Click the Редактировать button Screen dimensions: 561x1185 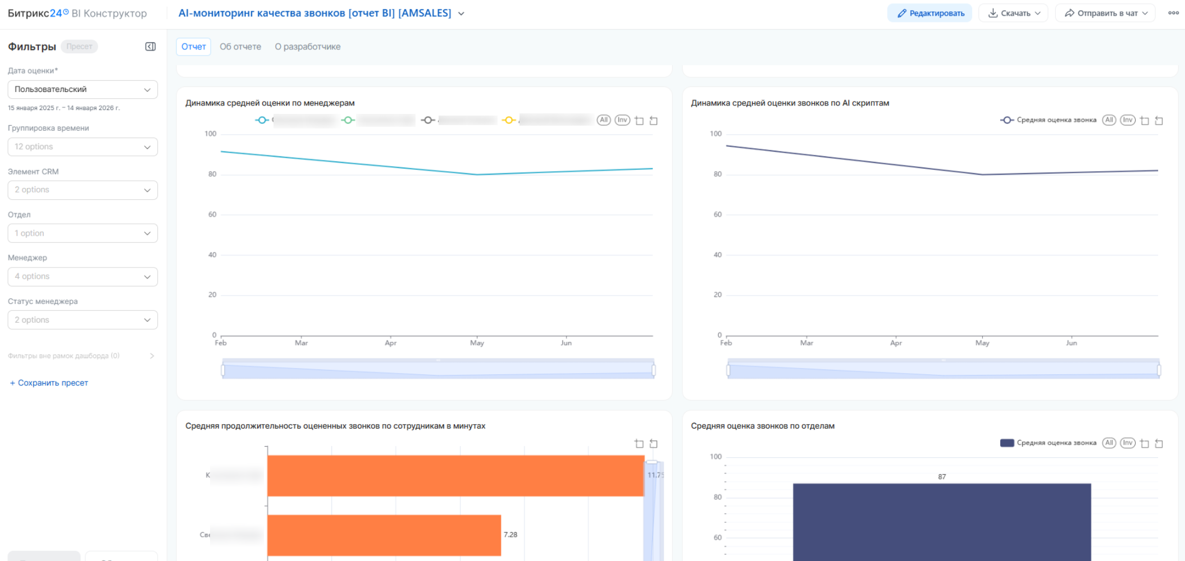[930, 13]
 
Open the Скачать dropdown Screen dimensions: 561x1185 [1014, 13]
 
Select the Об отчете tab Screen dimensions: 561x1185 [240, 47]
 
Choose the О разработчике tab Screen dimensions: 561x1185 [307, 47]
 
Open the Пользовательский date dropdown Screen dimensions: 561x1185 [83, 90]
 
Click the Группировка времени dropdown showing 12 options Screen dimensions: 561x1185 [83, 147]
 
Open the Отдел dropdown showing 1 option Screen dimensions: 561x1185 [83, 233]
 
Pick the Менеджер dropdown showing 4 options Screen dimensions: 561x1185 [83, 277]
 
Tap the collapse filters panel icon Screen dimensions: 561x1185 [151, 47]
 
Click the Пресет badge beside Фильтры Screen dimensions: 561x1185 [79, 47]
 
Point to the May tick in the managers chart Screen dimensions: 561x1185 [477, 343]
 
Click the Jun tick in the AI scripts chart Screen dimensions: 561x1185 [1072, 343]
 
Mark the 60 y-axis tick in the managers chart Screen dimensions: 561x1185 [212, 214]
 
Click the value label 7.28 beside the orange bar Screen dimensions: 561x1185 [511, 535]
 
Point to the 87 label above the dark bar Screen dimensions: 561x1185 [942, 477]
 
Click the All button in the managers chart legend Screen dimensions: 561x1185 [604, 120]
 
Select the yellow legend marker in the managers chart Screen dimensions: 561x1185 [509, 120]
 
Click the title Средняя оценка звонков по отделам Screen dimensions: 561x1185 [762, 426]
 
